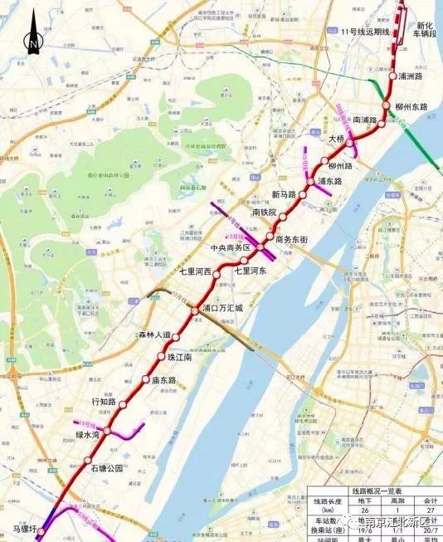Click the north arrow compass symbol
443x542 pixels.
(x=32, y=37)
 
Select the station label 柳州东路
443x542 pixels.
(x=416, y=107)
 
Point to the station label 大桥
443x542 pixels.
(x=336, y=139)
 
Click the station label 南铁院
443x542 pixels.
(x=264, y=212)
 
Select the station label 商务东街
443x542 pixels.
(x=292, y=239)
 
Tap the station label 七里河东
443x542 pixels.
(x=250, y=270)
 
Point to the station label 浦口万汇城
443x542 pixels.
(x=222, y=308)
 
